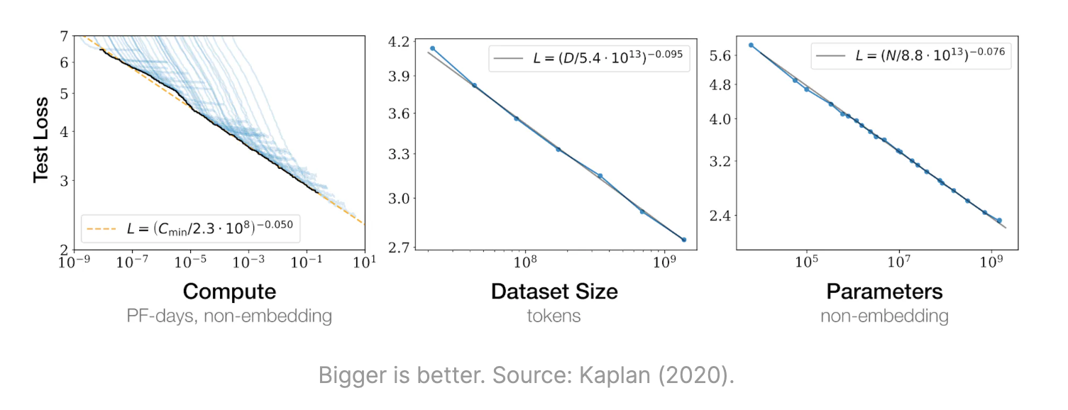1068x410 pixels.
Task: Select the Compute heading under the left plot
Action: (229, 292)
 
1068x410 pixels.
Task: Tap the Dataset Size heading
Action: (554, 292)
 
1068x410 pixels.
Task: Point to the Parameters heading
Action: (884, 292)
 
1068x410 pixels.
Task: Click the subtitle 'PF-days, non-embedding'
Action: (229, 316)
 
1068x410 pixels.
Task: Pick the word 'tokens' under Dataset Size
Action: (554, 316)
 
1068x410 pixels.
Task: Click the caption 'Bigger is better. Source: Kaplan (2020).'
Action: (526, 375)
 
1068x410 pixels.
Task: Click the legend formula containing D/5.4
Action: (588, 59)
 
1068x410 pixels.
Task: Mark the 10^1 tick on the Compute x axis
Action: (364, 262)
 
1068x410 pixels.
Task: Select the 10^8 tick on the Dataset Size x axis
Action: (525, 262)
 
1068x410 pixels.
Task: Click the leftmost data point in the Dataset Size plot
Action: (432, 48)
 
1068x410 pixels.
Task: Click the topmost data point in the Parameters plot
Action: (751, 45)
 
